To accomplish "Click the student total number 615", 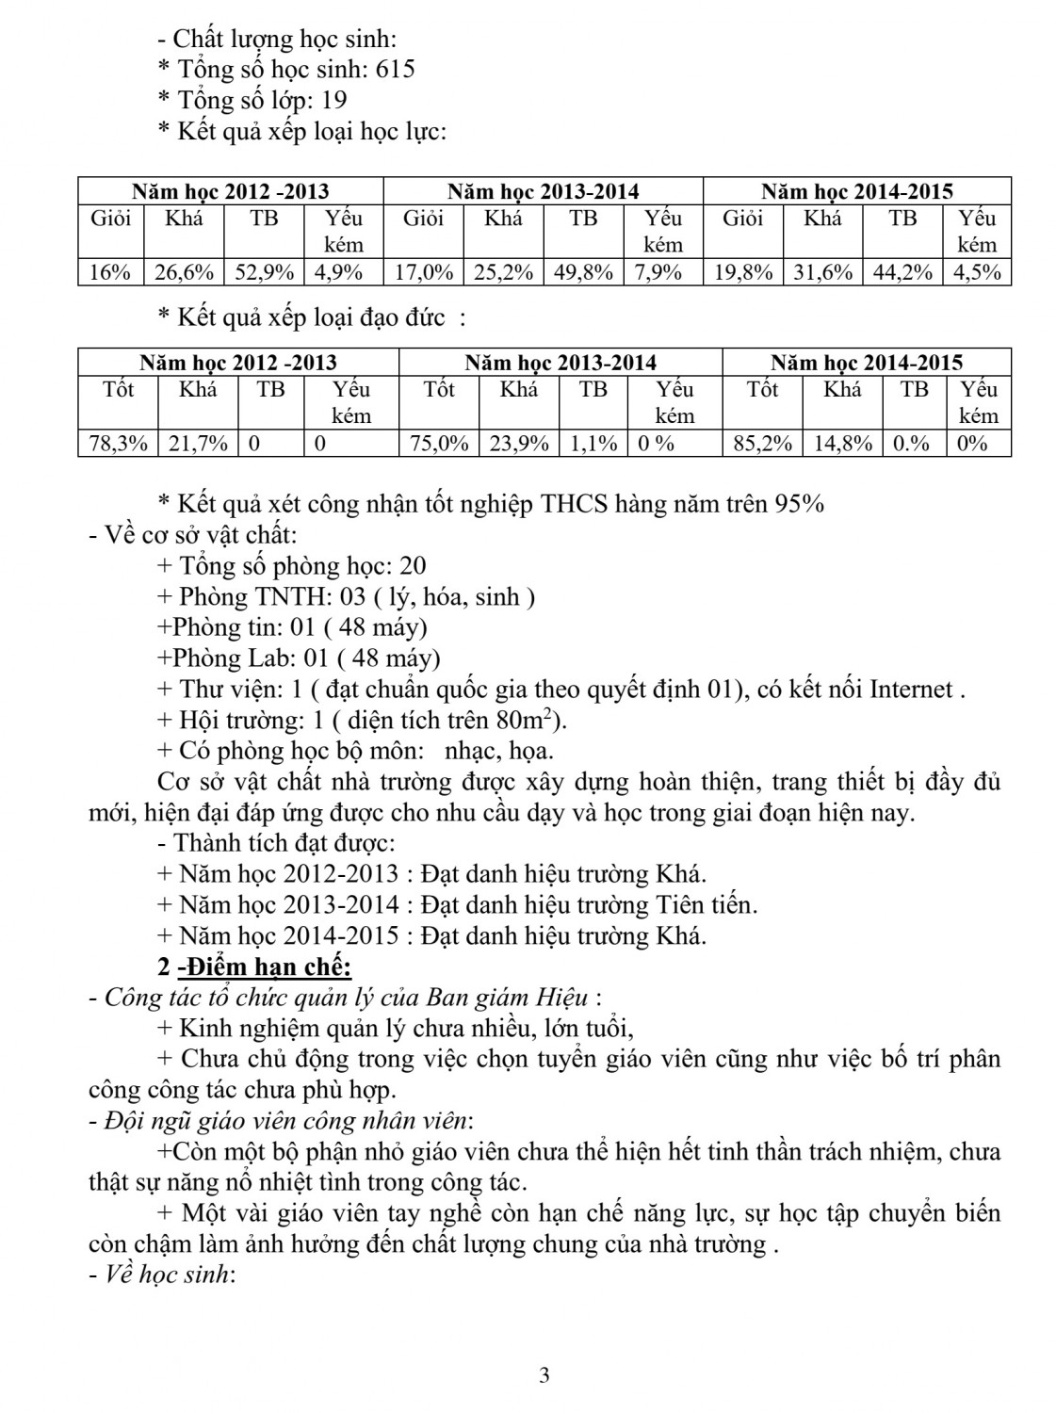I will tap(395, 70).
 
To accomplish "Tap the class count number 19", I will tap(333, 101).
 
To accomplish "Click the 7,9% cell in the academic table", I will tap(662, 273).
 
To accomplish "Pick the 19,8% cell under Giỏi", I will tap(743, 273).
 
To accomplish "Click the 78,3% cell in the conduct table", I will tap(118, 444).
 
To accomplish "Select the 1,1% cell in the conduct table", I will tap(593, 444).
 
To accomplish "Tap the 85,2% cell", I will tap(762, 444).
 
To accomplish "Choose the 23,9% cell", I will tap(518, 444).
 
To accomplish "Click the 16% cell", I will tap(109, 273).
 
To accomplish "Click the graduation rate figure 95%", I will tap(799, 505).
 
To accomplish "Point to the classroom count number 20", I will tap(413, 566).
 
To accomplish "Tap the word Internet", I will tap(911, 690).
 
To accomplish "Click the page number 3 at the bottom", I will tap(544, 1375).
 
